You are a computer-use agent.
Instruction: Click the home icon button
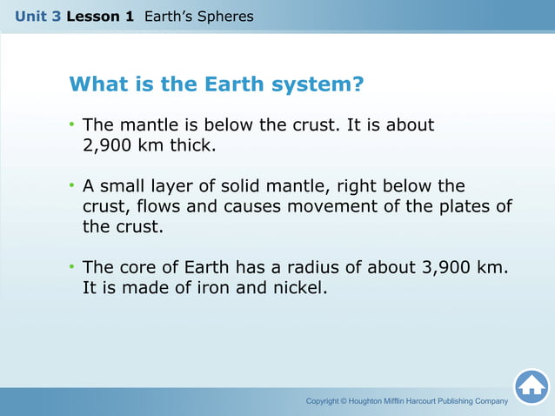pos(531,386)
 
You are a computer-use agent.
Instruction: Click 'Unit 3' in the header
pos(37,16)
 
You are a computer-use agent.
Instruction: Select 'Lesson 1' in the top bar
pos(100,16)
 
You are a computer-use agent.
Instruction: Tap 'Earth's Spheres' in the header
pos(198,16)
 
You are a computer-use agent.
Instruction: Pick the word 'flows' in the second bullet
pos(164,206)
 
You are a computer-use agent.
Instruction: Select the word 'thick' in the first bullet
pos(189,145)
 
